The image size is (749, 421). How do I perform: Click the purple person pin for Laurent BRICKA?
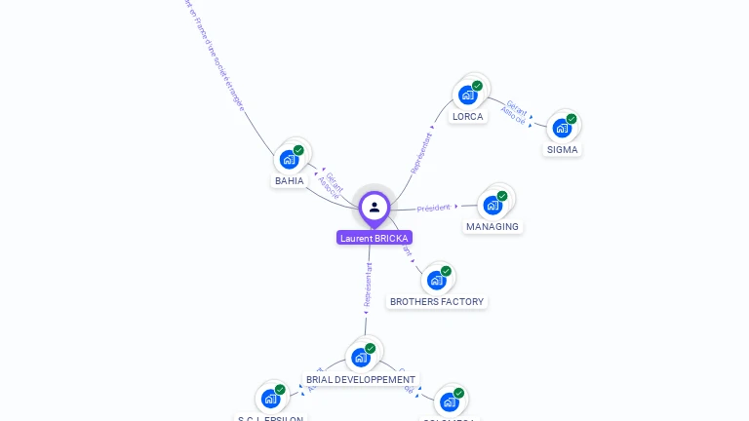[374, 207]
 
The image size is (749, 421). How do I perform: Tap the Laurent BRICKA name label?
[374, 238]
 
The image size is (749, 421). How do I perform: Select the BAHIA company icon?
[289, 159]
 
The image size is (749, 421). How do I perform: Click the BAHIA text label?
[290, 181]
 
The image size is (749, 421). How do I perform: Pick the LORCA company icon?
[468, 95]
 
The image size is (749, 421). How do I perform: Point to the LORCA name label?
[468, 117]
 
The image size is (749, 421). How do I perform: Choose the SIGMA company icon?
[562, 128]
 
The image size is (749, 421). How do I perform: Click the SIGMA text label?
[563, 150]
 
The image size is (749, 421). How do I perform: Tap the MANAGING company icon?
[493, 205]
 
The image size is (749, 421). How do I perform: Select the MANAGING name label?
[493, 227]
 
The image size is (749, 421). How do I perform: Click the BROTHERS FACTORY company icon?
[436, 280]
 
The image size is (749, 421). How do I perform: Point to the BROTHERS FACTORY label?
[437, 302]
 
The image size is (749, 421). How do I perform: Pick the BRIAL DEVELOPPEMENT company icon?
[361, 357]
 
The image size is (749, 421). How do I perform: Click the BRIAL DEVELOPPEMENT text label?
[361, 380]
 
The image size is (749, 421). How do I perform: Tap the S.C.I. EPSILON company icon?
[270, 399]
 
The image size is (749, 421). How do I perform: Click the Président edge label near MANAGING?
[433, 208]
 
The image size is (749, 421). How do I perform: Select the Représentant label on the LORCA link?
[421, 153]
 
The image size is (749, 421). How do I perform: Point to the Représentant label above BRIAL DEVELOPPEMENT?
[368, 286]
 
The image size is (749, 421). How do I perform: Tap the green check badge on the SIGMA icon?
[572, 119]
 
